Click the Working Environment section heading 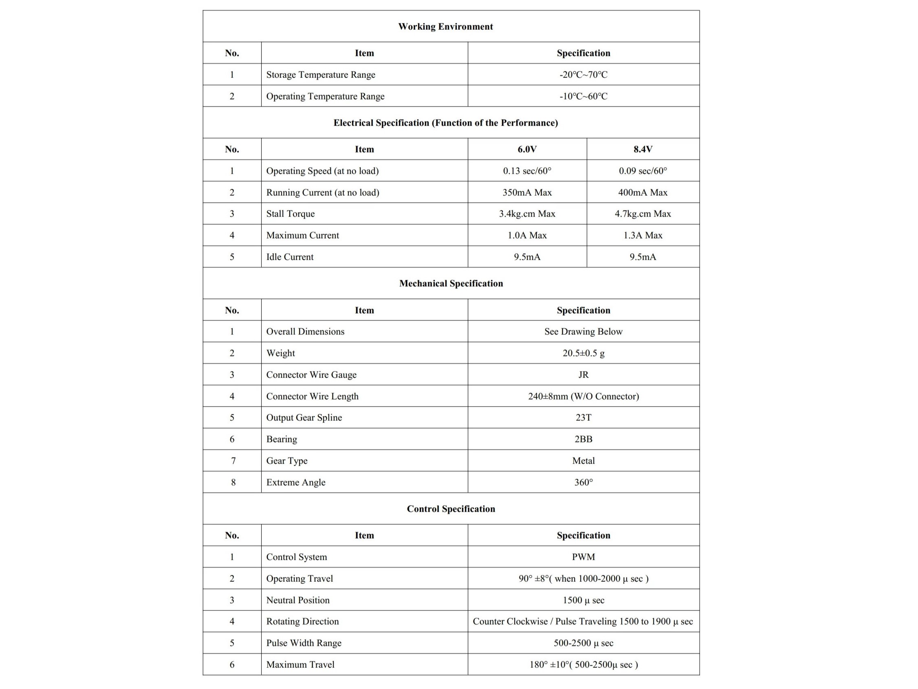pos(445,26)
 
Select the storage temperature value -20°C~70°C pos(583,75)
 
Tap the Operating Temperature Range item pos(325,96)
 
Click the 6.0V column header pos(527,149)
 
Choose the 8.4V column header pos(643,149)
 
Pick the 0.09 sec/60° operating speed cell pos(643,171)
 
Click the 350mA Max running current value pos(527,192)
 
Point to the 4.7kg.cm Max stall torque pos(643,214)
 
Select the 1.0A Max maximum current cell pos(527,235)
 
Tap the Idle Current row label pos(290,257)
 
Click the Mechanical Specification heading pos(451,283)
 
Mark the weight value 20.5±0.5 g pos(583,353)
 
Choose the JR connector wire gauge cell pos(583,375)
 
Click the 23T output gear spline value pos(583,417)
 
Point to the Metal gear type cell pos(583,461)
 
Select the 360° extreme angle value pos(583,482)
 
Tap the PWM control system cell pos(583,557)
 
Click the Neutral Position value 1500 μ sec pos(583,600)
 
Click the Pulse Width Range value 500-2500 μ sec pos(583,643)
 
